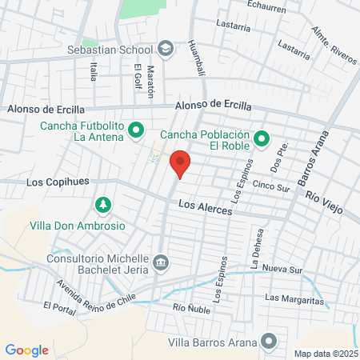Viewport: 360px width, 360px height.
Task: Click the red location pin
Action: pos(181,163)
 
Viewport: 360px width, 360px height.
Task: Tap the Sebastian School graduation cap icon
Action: pos(165,50)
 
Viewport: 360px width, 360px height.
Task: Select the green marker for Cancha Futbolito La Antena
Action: pos(136,129)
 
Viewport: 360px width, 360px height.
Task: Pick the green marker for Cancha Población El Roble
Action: pos(261,140)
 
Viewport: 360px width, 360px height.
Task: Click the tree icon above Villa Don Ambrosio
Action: pos(102,206)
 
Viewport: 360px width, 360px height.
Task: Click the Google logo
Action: pos(26,350)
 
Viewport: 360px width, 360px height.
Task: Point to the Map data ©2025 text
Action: pos(326,354)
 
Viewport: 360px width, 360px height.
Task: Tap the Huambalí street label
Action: pos(193,59)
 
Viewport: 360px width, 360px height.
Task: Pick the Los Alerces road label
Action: pos(205,206)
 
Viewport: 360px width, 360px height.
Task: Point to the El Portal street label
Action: pos(59,307)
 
